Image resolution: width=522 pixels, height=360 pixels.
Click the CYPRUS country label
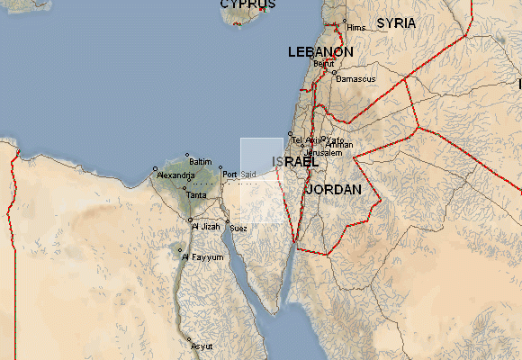(247, 4)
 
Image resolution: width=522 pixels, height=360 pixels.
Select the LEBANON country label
(320, 52)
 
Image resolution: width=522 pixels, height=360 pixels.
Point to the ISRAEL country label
(294, 161)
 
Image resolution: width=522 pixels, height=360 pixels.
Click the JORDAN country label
(333, 190)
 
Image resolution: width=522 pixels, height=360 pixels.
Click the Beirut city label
(323, 64)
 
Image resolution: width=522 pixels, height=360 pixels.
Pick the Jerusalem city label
(324, 153)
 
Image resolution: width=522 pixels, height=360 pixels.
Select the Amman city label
(340, 145)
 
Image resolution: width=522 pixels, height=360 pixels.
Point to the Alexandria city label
(175, 175)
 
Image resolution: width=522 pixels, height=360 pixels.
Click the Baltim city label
(201, 161)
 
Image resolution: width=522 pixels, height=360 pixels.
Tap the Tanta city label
(196, 194)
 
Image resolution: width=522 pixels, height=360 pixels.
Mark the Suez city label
(238, 229)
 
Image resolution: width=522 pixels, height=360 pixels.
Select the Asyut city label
(202, 345)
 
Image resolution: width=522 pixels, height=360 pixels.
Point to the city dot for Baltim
(187, 155)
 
